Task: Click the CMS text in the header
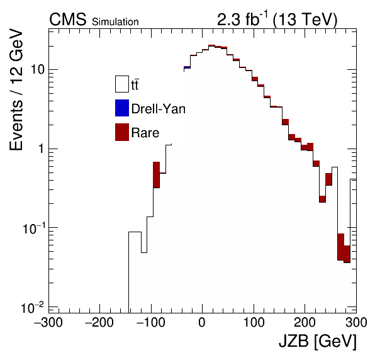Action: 67,19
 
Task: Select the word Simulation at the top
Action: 115,22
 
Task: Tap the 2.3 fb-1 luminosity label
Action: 242,19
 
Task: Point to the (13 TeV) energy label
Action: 305,20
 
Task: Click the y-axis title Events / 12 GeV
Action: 16,90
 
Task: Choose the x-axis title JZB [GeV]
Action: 318,341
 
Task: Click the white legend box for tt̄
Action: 122,84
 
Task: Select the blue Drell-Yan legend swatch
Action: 122,108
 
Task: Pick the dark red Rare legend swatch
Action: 122,132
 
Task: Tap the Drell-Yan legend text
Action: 159,109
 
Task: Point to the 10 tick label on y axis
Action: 38,69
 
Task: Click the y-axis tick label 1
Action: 41,149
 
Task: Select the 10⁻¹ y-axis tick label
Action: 33,228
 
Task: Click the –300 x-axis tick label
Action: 48,322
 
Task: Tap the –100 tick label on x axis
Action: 150,322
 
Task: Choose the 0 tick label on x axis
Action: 202,322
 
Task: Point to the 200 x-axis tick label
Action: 305,322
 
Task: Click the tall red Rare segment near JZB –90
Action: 157,175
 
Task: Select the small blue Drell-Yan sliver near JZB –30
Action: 187,67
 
